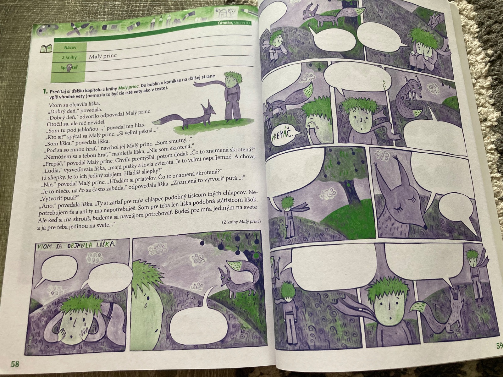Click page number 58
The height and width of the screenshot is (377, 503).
pyautogui.click(x=15, y=364)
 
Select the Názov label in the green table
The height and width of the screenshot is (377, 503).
pyautogui.click(x=71, y=47)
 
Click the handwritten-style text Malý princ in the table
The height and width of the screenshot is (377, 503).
pyautogui.click(x=103, y=56)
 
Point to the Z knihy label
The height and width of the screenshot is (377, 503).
pyautogui.click(x=69, y=58)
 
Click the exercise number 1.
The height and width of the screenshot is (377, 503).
pyautogui.click(x=45, y=91)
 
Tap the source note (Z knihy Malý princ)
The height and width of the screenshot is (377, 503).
pyautogui.click(x=241, y=222)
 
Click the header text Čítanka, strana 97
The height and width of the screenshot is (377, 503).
pyautogui.click(x=234, y=23)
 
